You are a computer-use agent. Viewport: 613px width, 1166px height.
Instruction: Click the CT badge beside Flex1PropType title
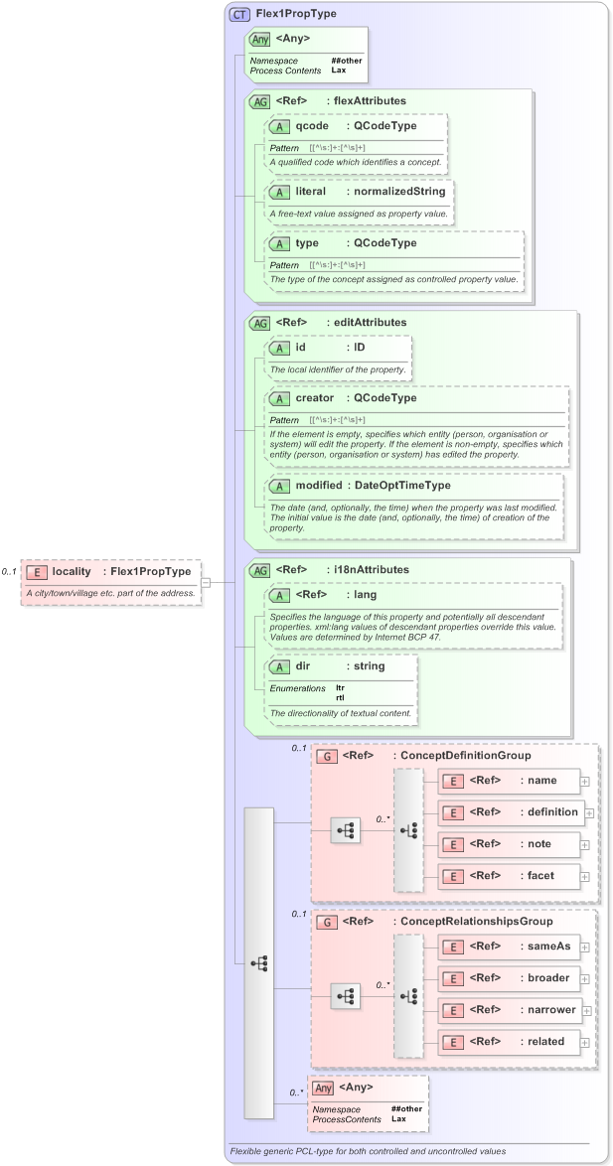click(x=239, y=14)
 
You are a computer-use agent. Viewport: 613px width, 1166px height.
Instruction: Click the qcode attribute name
click(x=312, y=126)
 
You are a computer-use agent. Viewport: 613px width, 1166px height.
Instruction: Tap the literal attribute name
click(x=311, y=191)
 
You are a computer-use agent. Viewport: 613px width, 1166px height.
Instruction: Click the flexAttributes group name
click(x=370, y=100)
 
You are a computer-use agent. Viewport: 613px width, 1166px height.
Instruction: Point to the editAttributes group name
click(x=370, y=322)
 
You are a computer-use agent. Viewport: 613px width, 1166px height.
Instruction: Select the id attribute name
click(x=301, y=348)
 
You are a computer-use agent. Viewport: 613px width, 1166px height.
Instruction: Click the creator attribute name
click(x=315, y=398)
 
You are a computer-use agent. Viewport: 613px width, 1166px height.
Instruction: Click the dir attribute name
click(x=303, y=666)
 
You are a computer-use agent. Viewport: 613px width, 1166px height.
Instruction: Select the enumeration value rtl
click(x=340, y=696)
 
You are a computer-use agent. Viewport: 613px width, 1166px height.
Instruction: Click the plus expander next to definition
click(x=589, y=812)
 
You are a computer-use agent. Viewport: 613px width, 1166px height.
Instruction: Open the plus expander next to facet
click(x=584, y=876)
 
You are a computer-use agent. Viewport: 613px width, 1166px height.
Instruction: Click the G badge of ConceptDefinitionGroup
click(x=326, y=756)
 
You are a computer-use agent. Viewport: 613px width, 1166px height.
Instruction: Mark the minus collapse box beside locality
click(x=207, y=583)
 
